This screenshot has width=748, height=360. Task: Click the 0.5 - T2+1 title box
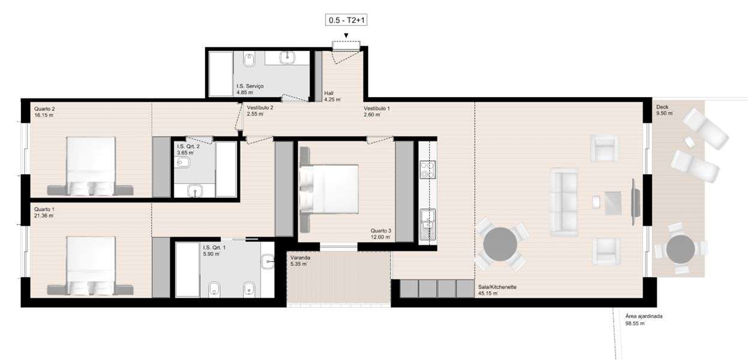[x=346, y=20]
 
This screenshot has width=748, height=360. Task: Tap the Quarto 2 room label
[x=44, y=108]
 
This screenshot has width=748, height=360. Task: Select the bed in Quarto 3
[x=330, y=189]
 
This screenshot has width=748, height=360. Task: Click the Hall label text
[x=328, y=93]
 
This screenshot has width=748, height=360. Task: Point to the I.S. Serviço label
[x=250, y=86]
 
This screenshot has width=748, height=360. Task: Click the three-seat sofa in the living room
[x=563, y=201]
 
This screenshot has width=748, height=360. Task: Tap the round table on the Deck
[x=680, y=249]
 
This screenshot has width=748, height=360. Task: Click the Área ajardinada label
[x=644, y=316]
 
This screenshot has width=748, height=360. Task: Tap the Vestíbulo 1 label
[x=376, y=108]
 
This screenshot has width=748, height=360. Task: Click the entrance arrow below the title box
[x=346, y=35]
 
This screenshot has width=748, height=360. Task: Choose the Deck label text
[x=662, y=107]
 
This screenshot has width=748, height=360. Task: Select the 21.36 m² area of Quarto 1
[x=44, y=216]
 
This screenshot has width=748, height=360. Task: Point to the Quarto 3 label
[x=381, y=231]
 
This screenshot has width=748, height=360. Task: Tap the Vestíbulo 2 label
[x=260, y=107]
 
